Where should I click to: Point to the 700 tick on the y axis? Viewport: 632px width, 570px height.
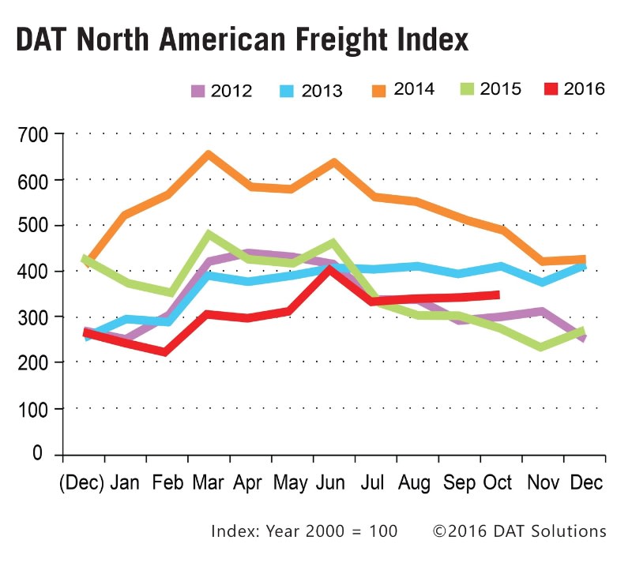(34, 135)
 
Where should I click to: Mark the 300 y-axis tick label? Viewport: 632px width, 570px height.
(34, 317)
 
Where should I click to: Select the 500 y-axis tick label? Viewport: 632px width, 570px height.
(34, 226)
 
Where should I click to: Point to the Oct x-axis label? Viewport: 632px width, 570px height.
(497, 482)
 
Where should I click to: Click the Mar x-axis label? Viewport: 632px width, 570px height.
(208, 482)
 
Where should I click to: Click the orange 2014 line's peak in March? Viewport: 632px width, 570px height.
(208, 155)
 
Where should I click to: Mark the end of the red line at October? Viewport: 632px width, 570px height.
(498, 294)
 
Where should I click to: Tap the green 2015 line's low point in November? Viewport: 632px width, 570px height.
(540, 347)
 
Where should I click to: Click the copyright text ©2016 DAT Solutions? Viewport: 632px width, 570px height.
(519, 531)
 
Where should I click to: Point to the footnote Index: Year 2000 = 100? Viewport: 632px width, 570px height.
(304, 531)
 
